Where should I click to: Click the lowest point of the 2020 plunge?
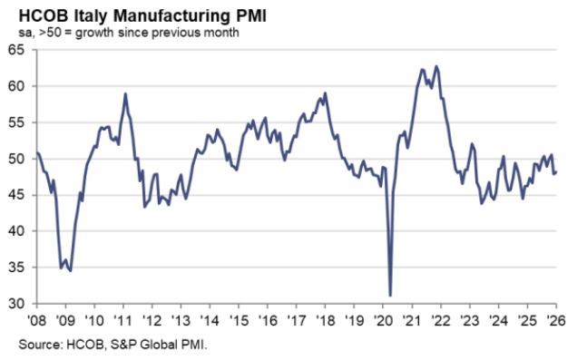click(x=390, y=295)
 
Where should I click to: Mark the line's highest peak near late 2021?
click(x=436, y=66)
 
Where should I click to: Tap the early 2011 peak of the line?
click(x=124, y=93)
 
